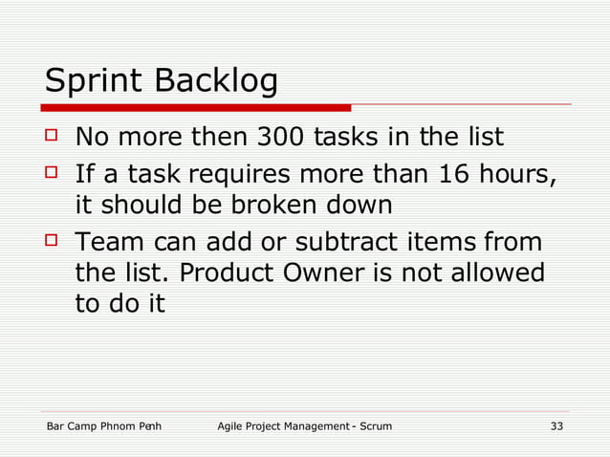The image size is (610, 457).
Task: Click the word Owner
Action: click(322, 272)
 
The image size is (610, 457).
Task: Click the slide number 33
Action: click(556, 425)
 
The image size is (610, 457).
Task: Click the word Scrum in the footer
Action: click(375, 425)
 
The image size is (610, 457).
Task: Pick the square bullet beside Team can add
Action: click(53, 241)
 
